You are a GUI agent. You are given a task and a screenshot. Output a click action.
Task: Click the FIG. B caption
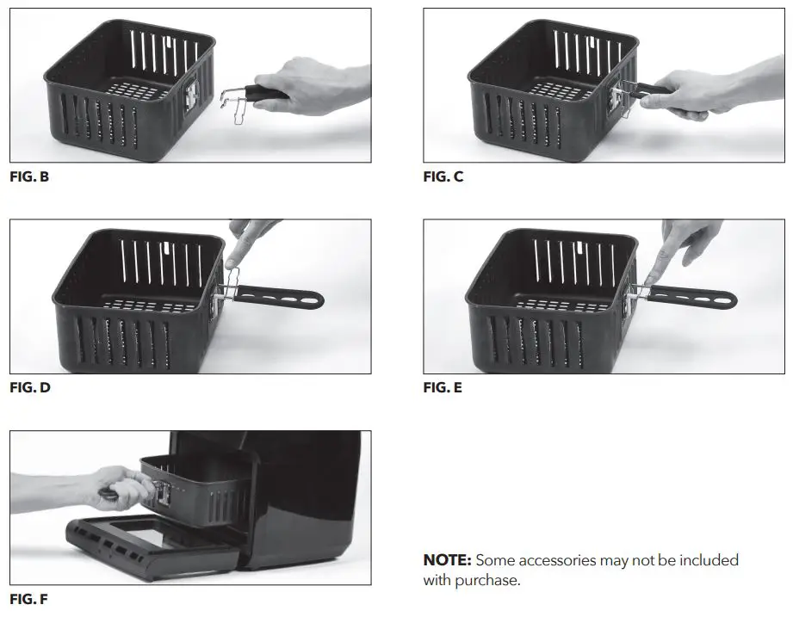click(29, 177)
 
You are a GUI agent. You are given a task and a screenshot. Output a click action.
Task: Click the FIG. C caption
click(443, 177)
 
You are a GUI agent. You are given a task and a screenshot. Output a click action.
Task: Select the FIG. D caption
click(30, 388)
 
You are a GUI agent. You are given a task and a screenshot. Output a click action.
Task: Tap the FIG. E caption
click(443, 388)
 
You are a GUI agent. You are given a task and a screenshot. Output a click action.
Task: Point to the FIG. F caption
click(29, 598)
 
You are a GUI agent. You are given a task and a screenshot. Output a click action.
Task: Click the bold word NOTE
click(447, 560)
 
